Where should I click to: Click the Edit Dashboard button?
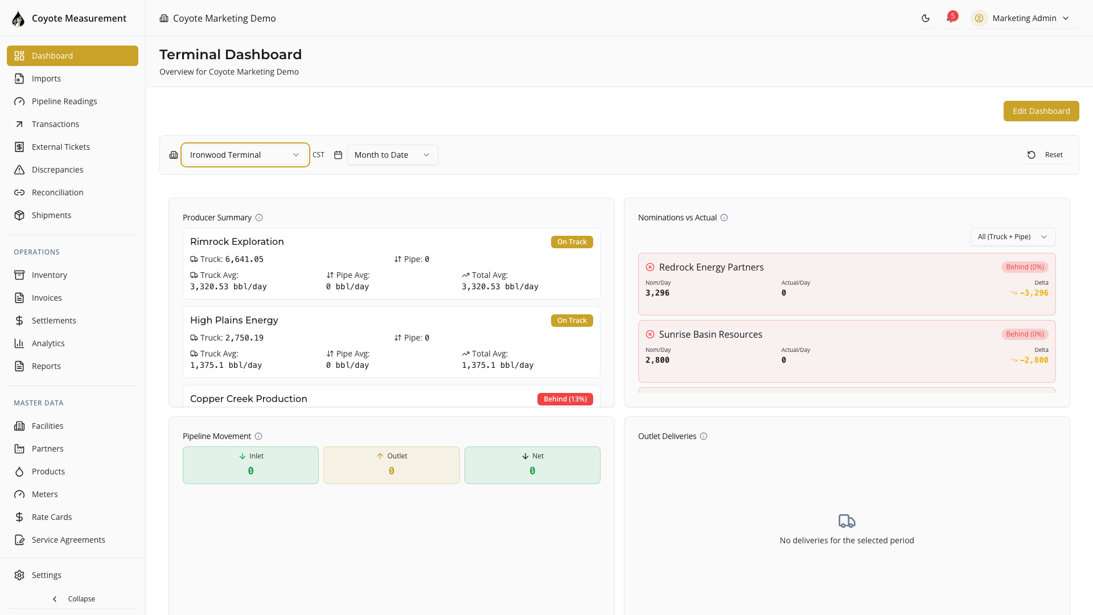(1041, 111)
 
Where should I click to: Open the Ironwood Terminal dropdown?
(245, 155)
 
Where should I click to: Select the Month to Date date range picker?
(392, 155)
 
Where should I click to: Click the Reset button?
(1045, 155)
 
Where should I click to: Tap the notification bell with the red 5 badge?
(950, 18)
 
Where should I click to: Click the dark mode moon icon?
(926, 18)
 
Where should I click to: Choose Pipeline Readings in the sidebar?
(64, 101)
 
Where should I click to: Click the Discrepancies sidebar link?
(57, 170)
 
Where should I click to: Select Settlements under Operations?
(54, 321)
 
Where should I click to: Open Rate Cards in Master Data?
(52, 517)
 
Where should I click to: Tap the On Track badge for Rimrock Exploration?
(572, 242)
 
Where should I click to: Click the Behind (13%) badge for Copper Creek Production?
(565, 399)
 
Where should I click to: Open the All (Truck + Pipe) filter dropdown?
(1012, 237)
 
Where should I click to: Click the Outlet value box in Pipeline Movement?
(391, 465)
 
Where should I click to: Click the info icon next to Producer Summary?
(259, 218)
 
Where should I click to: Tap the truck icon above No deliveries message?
(847, 521)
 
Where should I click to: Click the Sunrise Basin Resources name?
(710, 334)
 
